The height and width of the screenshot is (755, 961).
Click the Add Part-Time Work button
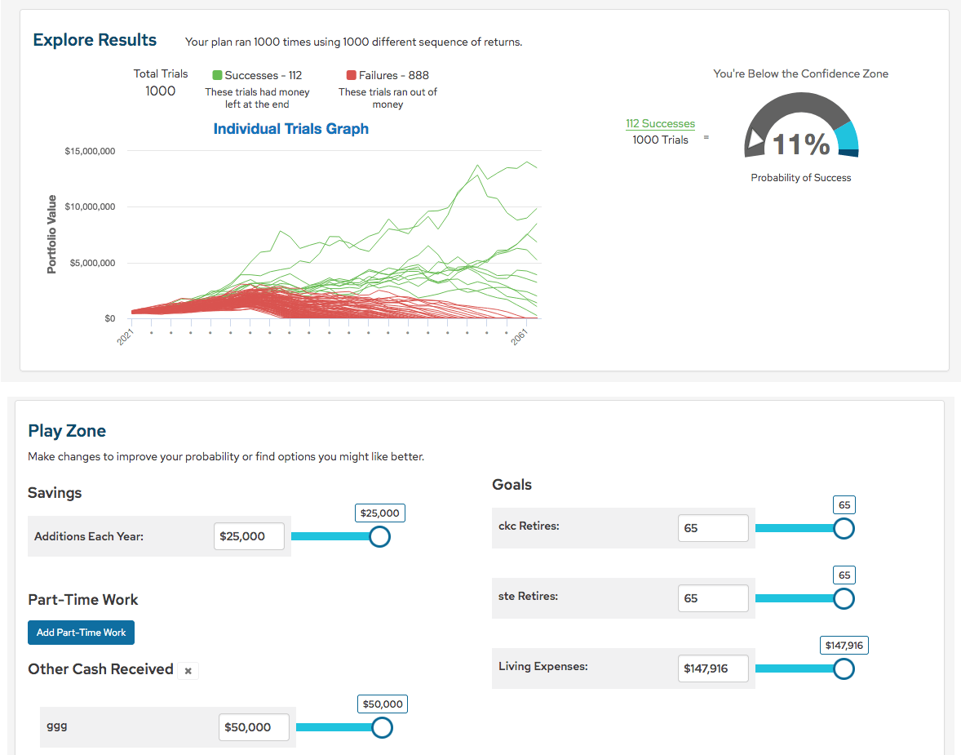tap(81, 633)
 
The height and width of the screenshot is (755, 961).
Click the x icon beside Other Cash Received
tap(188, 671)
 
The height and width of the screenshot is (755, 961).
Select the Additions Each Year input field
tap(249, 536)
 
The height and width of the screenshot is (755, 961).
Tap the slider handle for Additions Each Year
tap(379, 536)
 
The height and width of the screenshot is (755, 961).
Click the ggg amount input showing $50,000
tap(254, 727)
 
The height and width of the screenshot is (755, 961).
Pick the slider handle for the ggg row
tap(382, 727)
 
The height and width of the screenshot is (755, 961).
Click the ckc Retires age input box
tap(712, 528)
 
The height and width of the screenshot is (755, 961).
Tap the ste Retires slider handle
tap(844, 598)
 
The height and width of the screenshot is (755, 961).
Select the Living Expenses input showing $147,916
tap(712, 668)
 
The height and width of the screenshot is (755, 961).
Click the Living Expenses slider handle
tap(844, 668)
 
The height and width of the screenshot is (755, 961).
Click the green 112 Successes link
tap(660, 124)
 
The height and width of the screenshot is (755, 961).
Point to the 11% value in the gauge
tap(800, 144)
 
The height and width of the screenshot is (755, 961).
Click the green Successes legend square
tap(217, 75)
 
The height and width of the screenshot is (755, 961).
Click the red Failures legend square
tap(352, 75)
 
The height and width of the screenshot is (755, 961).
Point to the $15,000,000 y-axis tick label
tap(89, 152)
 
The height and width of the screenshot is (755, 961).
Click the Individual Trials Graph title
tap(290, 129)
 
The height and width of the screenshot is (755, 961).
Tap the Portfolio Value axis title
tap(52, 233)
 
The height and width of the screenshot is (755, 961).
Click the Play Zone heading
tap(67, 431)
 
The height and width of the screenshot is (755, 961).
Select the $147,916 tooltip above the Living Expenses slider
tap(844, 646)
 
